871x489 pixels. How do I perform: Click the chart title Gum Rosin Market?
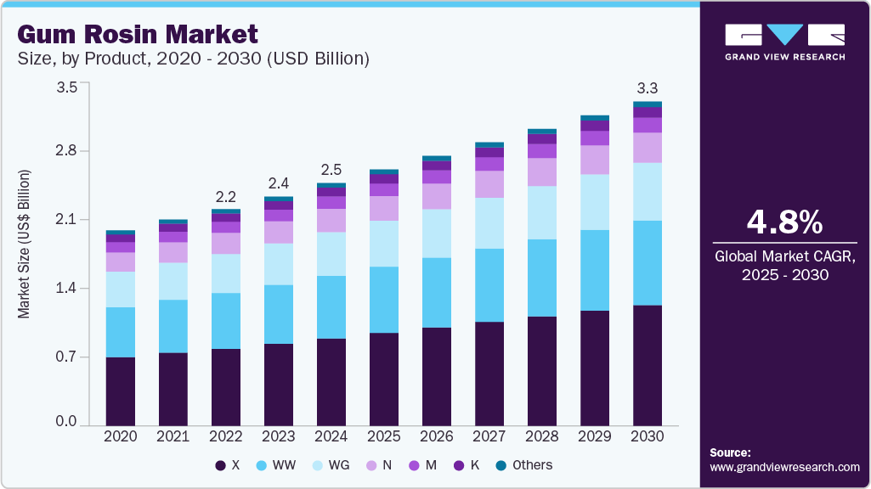[x=137, y=35]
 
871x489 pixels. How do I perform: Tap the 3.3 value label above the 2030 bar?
[x=648, y=87]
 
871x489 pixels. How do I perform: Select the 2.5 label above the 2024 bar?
[x=331, y=170]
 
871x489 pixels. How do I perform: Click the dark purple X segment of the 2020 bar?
[x=121, y=391]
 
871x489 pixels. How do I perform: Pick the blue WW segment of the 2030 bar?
[x=648, y=262]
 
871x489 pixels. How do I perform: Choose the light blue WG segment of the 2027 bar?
[x=489, y=222]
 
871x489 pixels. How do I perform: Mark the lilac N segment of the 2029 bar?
[x=595, y=160]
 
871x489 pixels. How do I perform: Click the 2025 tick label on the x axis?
[x=384, y=436]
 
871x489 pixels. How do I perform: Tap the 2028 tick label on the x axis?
[x=542, y=436]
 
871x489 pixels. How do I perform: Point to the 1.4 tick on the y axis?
[x=66, y=289]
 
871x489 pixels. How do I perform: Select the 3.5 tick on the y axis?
[x=66, y=87]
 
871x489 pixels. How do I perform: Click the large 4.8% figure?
[x=784, y=222]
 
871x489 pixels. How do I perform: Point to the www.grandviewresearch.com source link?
[x=784, y=467]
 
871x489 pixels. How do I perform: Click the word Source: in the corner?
[x=730, y=452]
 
